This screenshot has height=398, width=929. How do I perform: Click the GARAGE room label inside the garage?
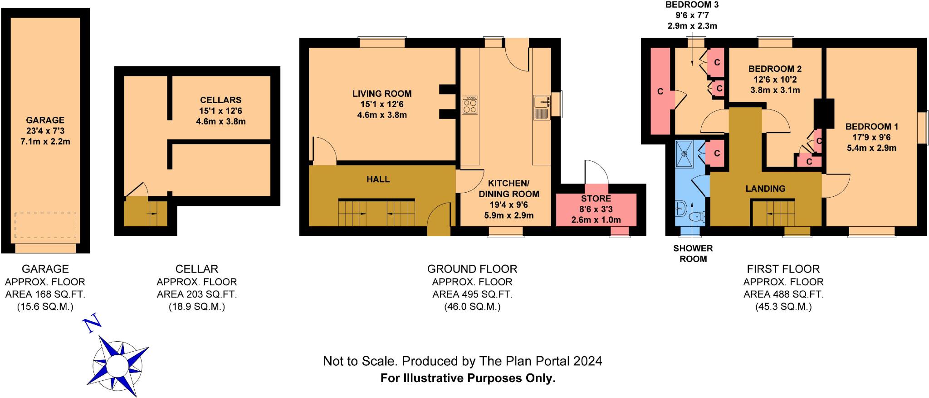click(x=45, y=120)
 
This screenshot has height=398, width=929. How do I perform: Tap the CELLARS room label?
click(x=220, y=100)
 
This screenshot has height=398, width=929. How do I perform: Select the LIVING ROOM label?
click(x=382, y=94)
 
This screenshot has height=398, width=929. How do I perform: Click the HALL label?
click(x=378, y=179)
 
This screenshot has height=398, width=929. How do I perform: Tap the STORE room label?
click(x=596, y=199)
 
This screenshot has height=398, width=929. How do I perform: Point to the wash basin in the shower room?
click(x=680, y=210)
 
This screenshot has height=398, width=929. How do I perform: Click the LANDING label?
click(x=765, y=189)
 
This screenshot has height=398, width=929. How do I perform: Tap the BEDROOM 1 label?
click(x=871, y=127)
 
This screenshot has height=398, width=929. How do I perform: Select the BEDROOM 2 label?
click(x=775, y=69)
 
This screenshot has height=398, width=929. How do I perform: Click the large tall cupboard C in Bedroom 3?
click(x=660, y=91)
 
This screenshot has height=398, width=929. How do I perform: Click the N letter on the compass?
click(x=92, y=323)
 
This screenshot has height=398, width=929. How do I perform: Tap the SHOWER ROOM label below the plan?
click(x=693, y=254)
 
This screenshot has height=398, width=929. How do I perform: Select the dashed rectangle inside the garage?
click(x=45, y=225)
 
